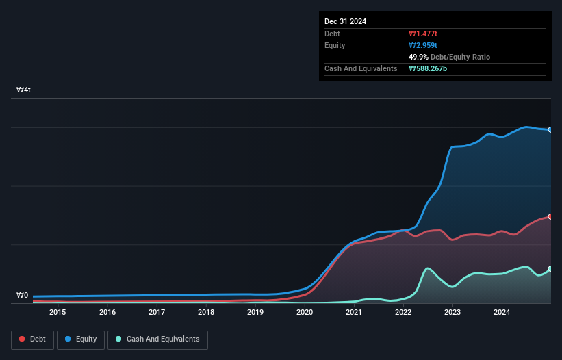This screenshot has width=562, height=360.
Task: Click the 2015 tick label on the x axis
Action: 58,313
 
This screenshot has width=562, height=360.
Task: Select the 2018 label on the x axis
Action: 206,313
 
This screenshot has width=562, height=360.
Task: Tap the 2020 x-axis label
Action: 305,313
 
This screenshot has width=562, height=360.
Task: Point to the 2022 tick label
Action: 403,313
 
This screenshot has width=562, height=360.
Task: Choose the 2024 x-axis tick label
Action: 502,313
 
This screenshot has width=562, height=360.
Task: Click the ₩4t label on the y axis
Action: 23,90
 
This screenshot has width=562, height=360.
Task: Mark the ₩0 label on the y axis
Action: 23,296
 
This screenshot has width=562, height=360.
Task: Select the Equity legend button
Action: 81,339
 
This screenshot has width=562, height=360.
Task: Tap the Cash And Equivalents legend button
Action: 157,339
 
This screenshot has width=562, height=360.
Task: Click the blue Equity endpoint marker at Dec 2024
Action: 550,129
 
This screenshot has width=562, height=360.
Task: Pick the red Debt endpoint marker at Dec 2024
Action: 550,216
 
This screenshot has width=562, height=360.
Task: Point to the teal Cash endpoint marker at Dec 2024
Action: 550,269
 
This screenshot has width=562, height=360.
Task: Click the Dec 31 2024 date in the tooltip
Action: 345,21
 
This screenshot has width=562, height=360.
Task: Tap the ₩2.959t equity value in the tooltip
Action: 423,45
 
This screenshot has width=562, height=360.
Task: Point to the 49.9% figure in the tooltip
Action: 419,57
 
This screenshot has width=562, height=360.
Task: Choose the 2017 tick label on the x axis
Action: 157,313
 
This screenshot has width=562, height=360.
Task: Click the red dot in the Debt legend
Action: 23,339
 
